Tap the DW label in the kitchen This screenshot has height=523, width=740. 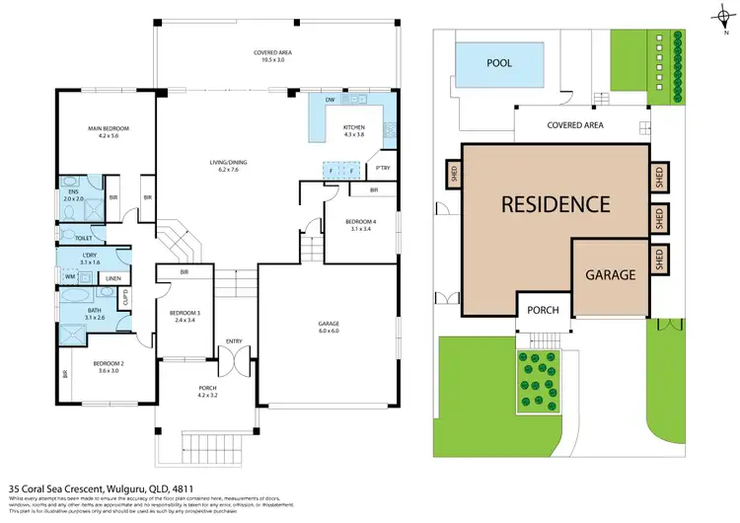point(330,100)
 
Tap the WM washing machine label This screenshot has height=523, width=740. point(70,278)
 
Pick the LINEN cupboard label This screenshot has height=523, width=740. point(113,279)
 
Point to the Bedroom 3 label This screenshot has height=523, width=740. point(185,317)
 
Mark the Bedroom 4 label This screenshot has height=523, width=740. point(359,225)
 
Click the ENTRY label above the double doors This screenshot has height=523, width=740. point(234,341)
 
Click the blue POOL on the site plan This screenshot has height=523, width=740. point(501,63)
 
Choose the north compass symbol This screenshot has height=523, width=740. point(716,13)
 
